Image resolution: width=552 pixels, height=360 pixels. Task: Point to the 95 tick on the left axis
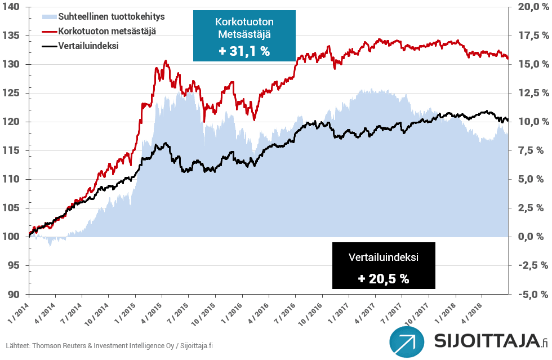click(13, 265)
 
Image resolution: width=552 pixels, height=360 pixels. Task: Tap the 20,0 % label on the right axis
click(533, 7)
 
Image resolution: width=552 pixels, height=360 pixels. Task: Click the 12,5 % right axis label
click(533, 93)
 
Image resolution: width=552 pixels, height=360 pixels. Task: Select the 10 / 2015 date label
click(203, 313)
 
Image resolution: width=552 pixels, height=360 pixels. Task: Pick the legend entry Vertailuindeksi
click(88, 46)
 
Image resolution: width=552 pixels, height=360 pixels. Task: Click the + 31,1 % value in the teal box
click(243, 51)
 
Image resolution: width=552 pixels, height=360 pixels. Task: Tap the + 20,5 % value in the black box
click(383, 278)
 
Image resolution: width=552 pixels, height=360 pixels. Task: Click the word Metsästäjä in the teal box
click(243, 34)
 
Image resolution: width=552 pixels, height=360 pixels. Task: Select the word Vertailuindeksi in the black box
click(383, 257)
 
